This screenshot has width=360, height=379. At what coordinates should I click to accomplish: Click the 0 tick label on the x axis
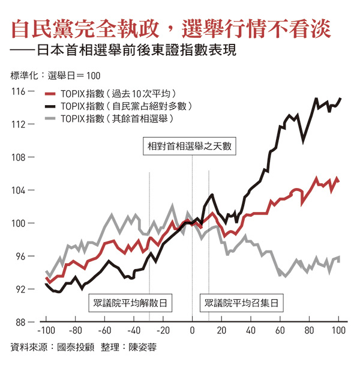(x=192, y=331)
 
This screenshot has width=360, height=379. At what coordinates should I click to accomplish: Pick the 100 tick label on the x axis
(x=338, y=331)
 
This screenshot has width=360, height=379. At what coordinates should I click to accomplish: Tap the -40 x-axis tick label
(x=133, y=331)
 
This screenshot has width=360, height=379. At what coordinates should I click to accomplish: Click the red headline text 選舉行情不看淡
(x=264, y=28)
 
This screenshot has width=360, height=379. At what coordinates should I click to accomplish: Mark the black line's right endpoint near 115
(x=341, y=98)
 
